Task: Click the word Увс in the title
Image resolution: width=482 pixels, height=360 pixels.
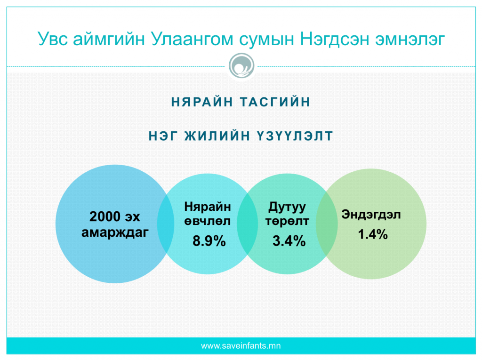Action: click(x=53, y=39)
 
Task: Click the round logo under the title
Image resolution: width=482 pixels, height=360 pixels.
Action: click(x=241, y=66)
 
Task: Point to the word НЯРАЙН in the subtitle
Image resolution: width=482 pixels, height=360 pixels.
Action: click(x=202, y=102)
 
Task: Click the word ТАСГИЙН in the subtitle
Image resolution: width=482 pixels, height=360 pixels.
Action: click(x=275, y=102)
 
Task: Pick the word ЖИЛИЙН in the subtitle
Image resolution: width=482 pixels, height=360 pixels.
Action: click(x=217, y=136)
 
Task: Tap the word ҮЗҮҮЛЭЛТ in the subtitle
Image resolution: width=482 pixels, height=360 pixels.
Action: click(x=295, y=136)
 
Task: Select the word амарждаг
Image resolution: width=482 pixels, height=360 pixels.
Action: click(x=115, y=232)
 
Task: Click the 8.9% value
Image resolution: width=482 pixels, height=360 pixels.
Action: click(x=209, y=241)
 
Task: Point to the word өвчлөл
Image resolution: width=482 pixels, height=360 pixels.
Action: click(x=208, y=221)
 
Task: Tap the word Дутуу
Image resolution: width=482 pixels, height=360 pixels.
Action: click(x=287, y=207)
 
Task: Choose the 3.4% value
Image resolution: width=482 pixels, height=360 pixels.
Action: click(x=289, y=241)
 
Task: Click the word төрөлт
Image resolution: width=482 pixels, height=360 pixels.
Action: click(x=287, y=221)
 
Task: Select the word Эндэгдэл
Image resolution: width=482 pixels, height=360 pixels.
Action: click(x=371, y=215)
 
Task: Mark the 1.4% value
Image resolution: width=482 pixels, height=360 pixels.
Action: click(x=373, y=234)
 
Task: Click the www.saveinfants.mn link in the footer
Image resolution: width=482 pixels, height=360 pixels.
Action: click(x=241, y=346)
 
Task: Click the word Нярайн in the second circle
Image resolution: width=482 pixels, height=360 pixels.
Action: click(x=208, y=207)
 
